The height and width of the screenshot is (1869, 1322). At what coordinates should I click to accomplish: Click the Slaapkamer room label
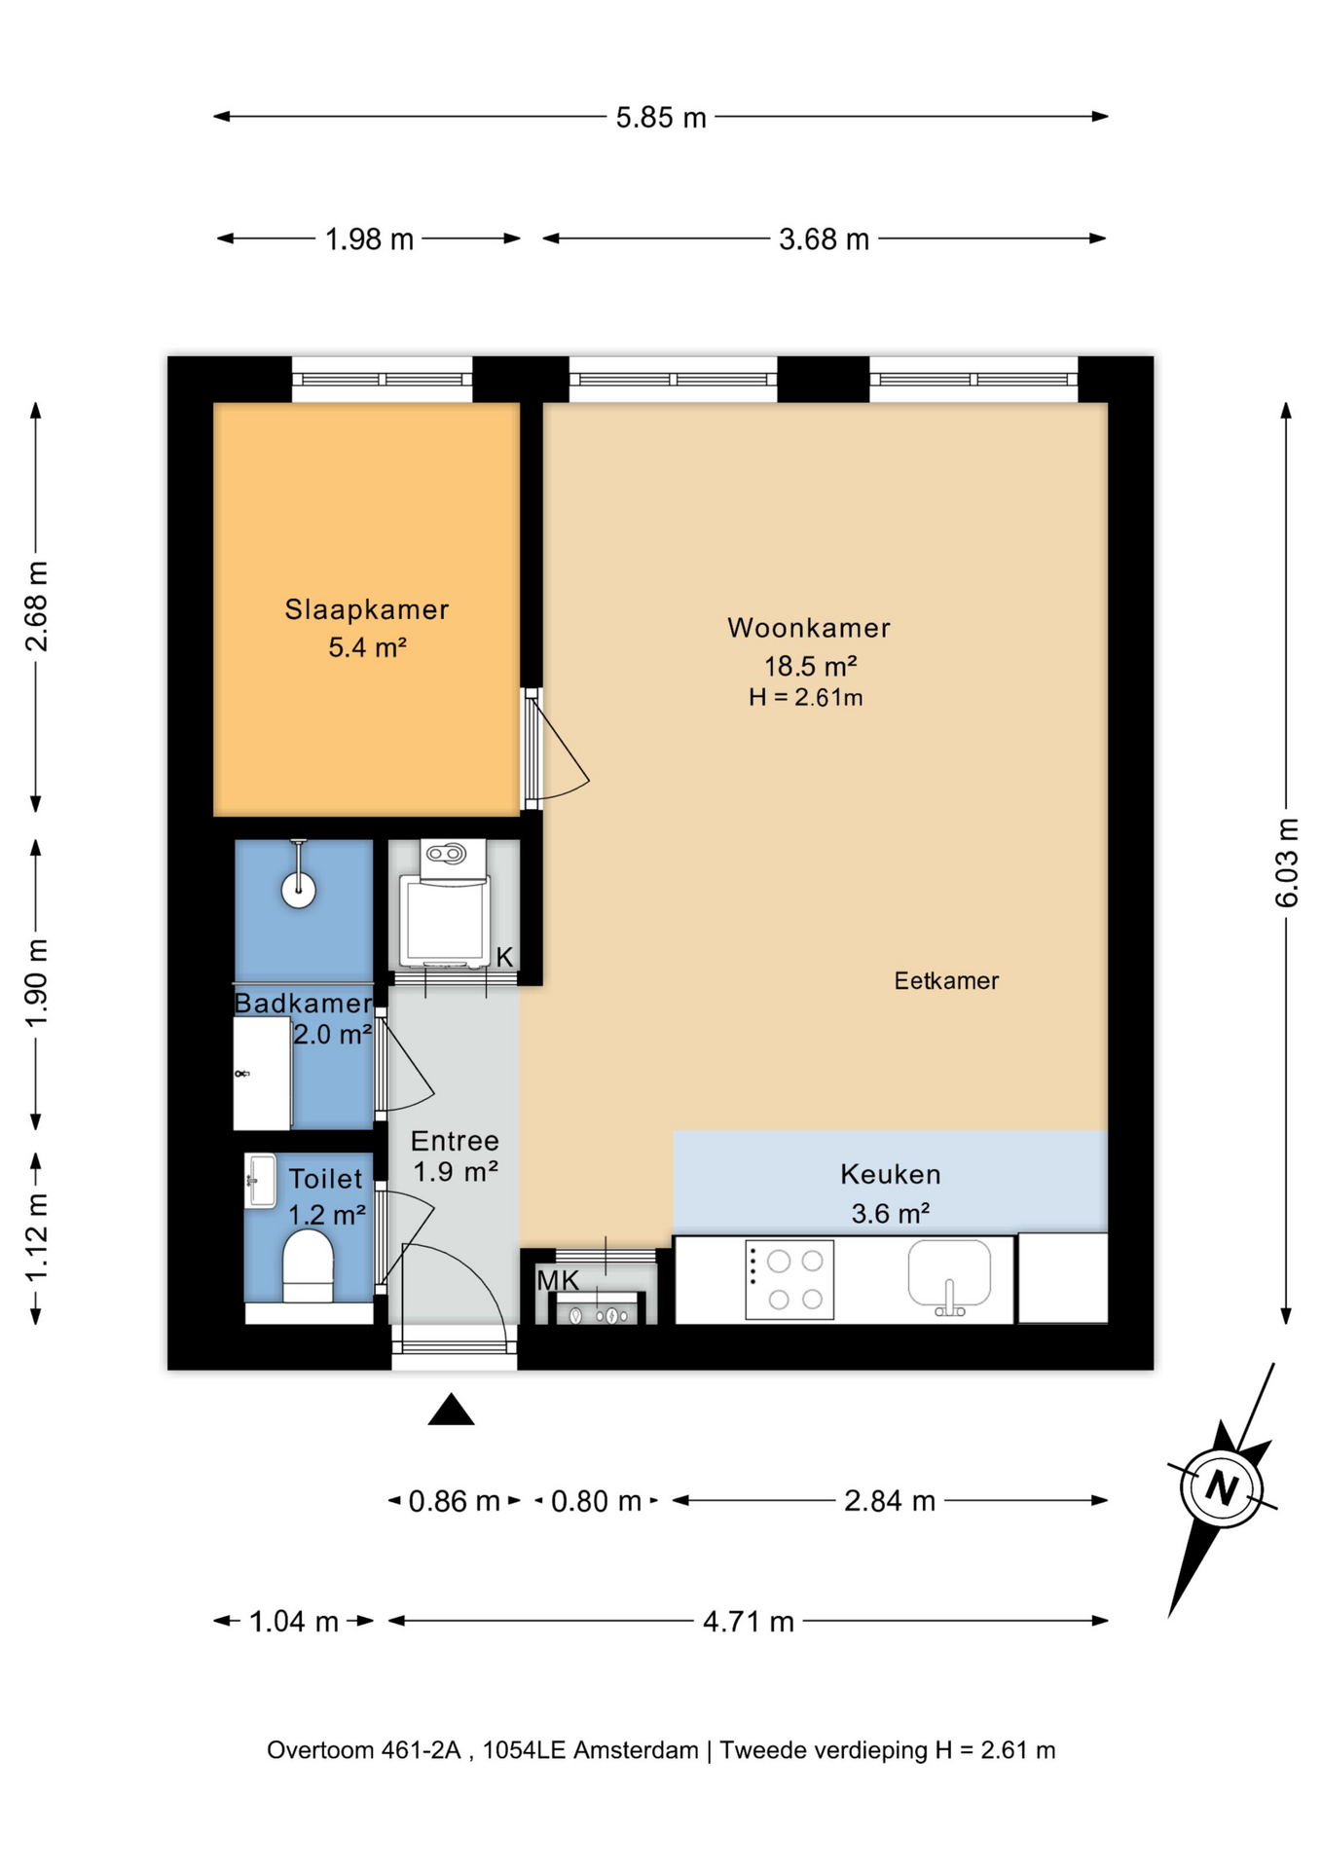[367, 609]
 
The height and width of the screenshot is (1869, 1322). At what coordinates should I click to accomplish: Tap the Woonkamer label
[809, 628]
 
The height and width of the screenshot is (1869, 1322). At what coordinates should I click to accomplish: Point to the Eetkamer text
[946, 980]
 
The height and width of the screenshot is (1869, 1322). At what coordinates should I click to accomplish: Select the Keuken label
[891, 1174]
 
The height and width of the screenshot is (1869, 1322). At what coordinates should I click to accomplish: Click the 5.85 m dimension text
[661, 118]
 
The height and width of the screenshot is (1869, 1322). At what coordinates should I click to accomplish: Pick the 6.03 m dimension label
[1287, 862]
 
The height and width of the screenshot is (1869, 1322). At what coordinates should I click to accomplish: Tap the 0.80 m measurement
[596, 1501]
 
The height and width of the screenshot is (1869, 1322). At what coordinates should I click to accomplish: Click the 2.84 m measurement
[890, 1501]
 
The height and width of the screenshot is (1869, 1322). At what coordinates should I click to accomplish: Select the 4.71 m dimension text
[749, 1622]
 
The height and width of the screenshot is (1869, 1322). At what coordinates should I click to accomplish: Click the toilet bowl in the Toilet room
[308, 1265]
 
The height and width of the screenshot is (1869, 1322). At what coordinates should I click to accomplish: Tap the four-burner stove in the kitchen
[790, 1279]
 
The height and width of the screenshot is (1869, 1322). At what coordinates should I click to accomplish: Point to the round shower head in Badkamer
[299, 890]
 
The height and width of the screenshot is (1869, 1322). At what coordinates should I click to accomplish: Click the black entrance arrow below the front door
[451, 1410]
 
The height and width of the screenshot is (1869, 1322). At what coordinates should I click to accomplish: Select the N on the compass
[1222, 1487]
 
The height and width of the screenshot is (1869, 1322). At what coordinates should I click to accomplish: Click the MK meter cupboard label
[558, 1281]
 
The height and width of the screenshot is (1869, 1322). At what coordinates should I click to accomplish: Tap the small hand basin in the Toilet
[260, 1181]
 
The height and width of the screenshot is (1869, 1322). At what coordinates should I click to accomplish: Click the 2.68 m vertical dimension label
[36, 606]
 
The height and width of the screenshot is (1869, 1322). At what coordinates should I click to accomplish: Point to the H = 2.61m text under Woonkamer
[805, 697]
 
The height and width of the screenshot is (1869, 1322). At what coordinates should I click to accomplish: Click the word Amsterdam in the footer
[636, 1750]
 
